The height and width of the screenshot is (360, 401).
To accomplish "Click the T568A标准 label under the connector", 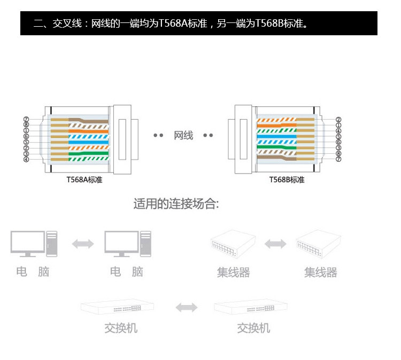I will pyautogui.click(x=84, y=180).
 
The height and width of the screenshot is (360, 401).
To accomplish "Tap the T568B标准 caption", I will pyautogui.click(x=287, y=180).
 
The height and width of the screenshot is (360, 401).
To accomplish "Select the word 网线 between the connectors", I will pyautogui.click(x=183, y=136).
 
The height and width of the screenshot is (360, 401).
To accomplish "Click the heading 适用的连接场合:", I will pyautogui.click(x=176, y=204).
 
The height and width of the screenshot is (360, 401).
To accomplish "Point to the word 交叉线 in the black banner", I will pyautogui.click(x=65, y=24).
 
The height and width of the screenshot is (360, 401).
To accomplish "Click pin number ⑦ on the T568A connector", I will pyautogui.click(x=26, y=119).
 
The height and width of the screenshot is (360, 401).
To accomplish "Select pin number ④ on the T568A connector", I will pyautogui.click(x=26, y=159).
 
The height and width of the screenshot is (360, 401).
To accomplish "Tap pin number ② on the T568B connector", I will pyautogui.click(x=338, y=120).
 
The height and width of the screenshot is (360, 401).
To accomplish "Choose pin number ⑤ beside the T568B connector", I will pyautogui.click(x=338, y=137).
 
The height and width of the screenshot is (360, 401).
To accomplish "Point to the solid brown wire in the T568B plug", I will pyautogui.click(x=278, y=158).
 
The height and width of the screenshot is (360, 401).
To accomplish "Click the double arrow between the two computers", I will pyautogui.click(x=83, y=244).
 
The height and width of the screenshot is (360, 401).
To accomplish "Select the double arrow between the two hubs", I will pyautogui.click(x=275, y=244).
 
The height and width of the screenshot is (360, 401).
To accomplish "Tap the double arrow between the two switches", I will pyautogui.click(x=187, y=308).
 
